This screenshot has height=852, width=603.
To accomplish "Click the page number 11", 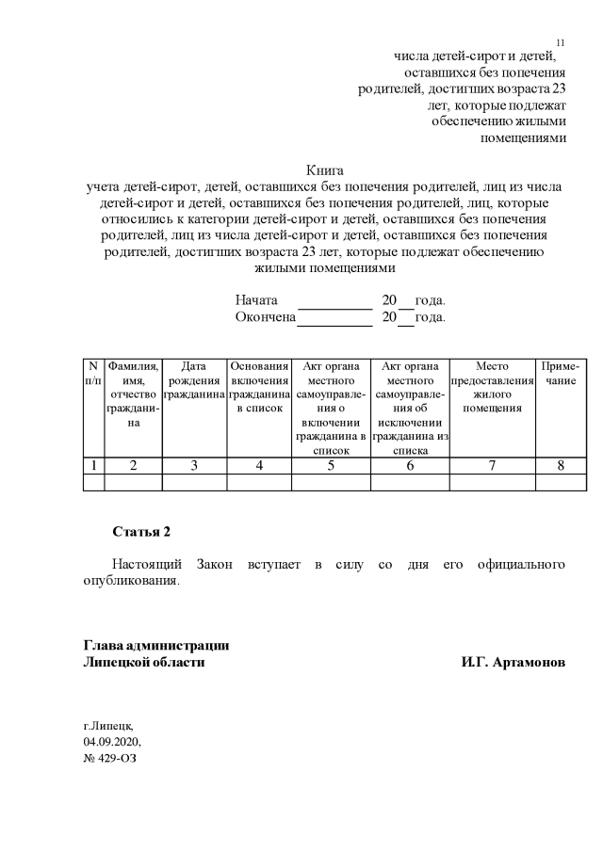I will pyautogui.click(x=561, y=43).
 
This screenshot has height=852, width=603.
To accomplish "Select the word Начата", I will pyautogui.click(x=255, y=300).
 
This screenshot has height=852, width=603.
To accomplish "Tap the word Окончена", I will pyautogui.click(x=266, y=317).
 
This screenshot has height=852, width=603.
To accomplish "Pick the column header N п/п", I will pyautogui.click(x=93, y=373).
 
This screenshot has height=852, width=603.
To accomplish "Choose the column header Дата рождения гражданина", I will pyautogui.click(x=194, y=379).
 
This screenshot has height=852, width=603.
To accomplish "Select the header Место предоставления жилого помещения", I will pyautogui.click(x=492, y=387).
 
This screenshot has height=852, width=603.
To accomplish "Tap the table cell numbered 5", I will pyautogui.click(x=331, y=465).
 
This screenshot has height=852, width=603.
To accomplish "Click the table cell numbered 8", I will pyautogui.click(x=561, y=465).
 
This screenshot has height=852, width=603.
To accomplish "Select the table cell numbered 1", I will pyautogui.click(x=93, y=465).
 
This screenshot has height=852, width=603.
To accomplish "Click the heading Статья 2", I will pyautogui.click(x=141, y=532).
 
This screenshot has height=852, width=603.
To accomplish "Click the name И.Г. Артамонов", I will pyautogui.click(x=513, y=663).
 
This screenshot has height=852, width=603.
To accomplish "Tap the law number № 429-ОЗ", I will pyautogui.click(x=110, y=758).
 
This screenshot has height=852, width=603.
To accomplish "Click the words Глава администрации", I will pyautogui.click(x=155, y=646).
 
